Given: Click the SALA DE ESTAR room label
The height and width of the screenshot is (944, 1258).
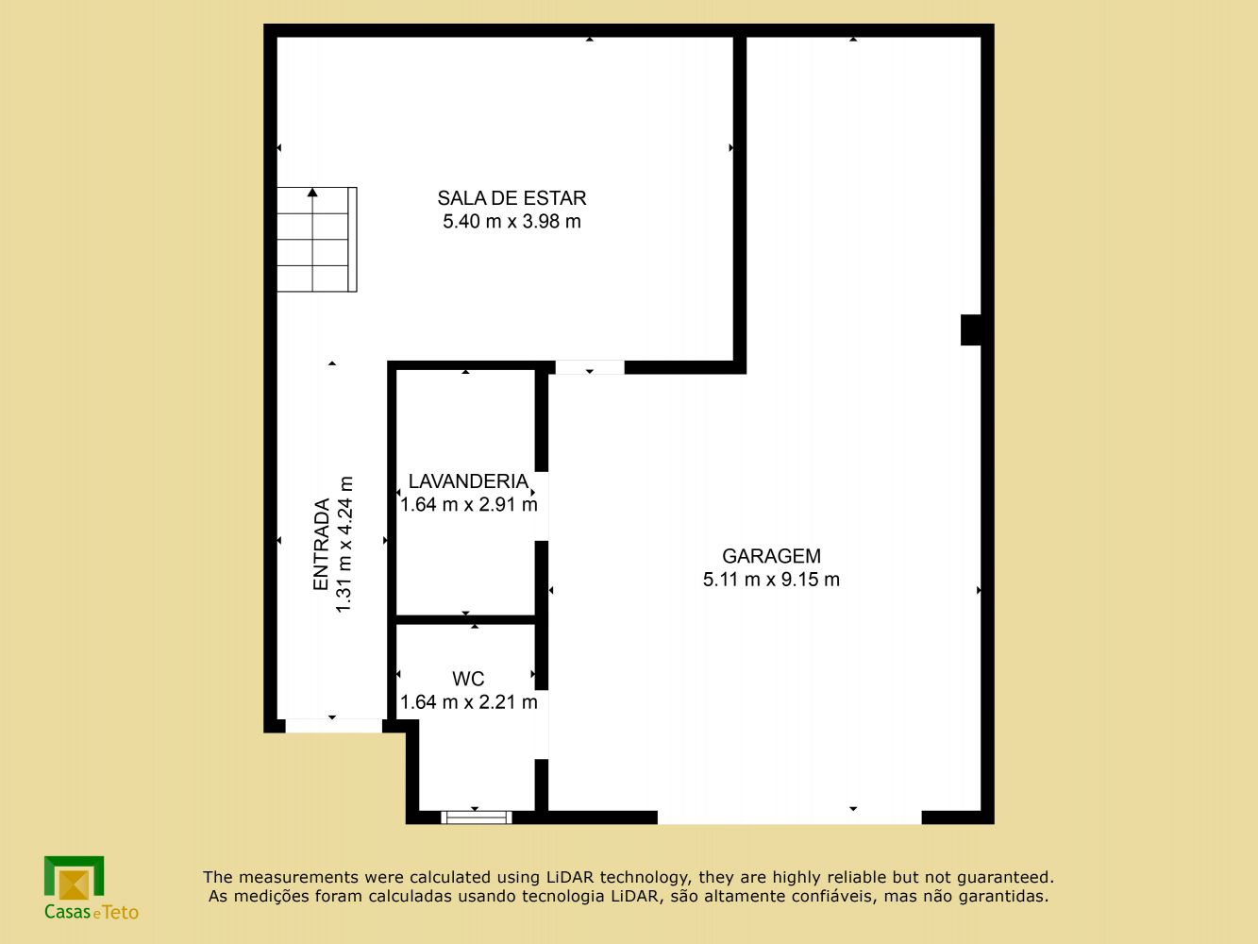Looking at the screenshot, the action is [512, 198].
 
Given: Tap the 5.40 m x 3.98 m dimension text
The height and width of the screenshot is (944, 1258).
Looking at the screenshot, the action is [512, 221].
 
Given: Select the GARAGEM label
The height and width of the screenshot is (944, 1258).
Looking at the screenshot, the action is [771, 556].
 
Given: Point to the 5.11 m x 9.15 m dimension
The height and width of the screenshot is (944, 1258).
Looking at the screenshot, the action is [771, 580].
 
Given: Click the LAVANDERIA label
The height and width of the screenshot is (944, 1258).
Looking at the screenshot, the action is [468, 481].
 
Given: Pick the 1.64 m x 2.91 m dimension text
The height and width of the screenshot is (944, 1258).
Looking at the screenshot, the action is [469, 505].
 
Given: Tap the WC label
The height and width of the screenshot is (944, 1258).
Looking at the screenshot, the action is [468, 679].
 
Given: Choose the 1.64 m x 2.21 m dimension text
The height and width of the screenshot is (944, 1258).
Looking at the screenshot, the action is [469, 702].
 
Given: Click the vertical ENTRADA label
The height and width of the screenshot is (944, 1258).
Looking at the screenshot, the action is [321, 545].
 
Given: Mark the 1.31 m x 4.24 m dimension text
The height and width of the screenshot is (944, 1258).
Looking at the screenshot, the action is [344, 545].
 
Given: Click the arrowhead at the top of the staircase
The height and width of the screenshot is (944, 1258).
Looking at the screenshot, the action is [312, 192].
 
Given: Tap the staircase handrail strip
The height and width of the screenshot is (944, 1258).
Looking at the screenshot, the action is [352, 240].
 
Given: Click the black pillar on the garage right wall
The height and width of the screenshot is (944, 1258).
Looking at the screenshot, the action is [971, 329].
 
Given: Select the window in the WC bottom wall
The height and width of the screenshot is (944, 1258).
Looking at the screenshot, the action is [477, 817].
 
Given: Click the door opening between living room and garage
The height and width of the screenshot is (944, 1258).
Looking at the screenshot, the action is [590, 367].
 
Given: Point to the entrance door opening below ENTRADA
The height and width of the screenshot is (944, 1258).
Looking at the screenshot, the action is [333, 726].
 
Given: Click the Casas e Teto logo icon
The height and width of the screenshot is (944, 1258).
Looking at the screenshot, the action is [74, 878].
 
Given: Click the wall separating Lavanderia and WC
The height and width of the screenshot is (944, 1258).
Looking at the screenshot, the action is [465, 619].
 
